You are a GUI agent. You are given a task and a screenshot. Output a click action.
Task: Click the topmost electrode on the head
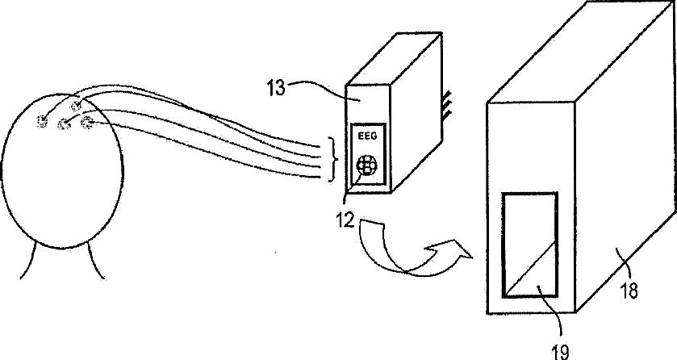[77, 106]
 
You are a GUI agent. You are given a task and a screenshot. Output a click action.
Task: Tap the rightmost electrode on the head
[88, 122]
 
